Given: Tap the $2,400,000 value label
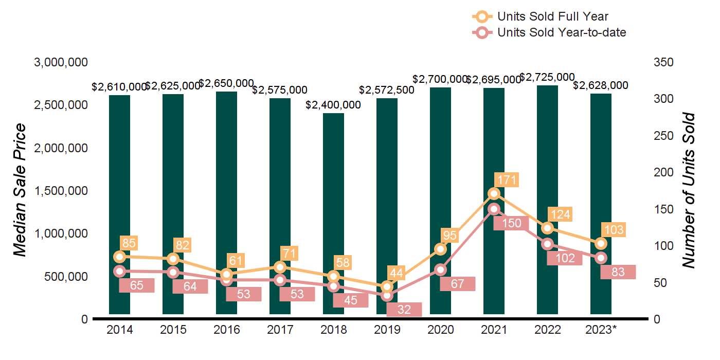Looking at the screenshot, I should click(x=333, y=105).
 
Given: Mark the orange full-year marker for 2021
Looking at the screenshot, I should click(x=494, y=193).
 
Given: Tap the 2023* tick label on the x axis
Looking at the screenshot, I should click(x=601, y=330).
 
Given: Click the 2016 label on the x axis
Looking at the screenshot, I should click(x=227, y=330).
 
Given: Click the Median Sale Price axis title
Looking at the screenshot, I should click(x=20, y=190).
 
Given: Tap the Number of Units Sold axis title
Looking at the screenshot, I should click(x=688, y=190).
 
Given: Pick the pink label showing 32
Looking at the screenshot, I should click(x=404, y=310).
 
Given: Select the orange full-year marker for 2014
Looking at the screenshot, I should click(x=120, y=257).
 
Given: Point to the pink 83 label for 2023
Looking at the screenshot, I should click(x=618, y=272).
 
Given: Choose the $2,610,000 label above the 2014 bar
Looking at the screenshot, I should click(x=119, y=87).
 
